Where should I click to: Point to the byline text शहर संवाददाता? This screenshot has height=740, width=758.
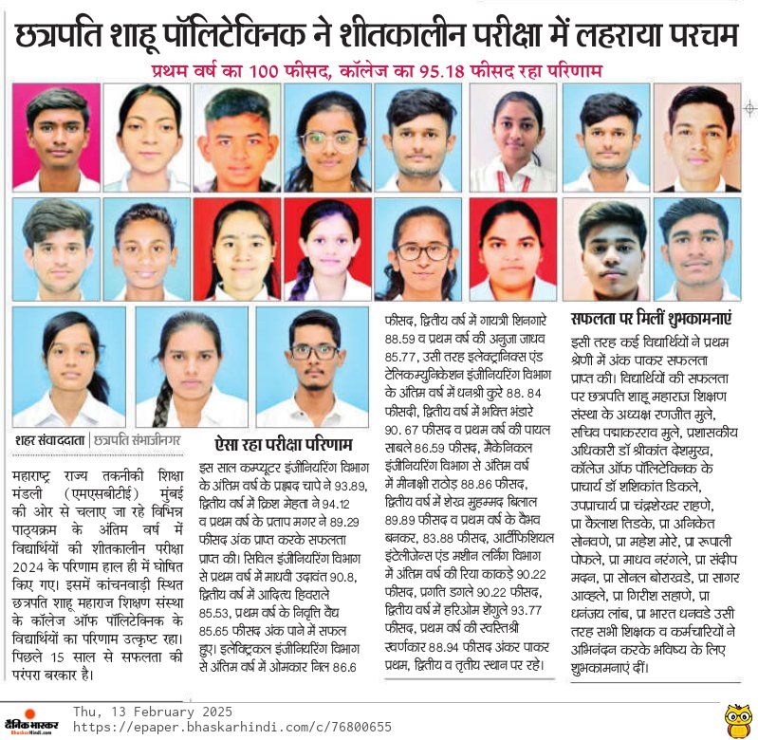[x=50, y=440]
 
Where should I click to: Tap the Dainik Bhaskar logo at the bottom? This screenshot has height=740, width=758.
[x=31, y=720]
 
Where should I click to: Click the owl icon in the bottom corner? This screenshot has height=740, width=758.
[x=737, y=719]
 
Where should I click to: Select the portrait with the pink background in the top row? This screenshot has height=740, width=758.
[x=56, y=138]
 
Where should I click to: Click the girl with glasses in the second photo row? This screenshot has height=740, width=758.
[x=421, y=250]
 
